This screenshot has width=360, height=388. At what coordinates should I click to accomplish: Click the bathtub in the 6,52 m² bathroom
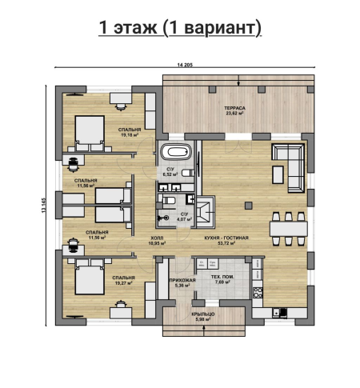point(176,152)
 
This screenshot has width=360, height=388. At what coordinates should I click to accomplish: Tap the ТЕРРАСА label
point(234,108)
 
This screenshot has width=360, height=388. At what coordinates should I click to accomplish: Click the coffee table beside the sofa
point(278,174)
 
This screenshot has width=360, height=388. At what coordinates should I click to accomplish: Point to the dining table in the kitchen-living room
point(289,229)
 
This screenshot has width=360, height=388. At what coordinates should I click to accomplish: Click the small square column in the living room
point(249,206)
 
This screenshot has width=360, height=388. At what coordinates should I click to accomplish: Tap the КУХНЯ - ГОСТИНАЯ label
point(226,238)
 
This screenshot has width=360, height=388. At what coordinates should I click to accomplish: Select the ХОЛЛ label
point(157,238)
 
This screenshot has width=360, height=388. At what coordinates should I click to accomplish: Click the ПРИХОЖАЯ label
point(182,280)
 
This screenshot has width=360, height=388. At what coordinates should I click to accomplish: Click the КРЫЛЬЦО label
point(203,314)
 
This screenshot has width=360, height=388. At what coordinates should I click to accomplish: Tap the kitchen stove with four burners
point(258,293)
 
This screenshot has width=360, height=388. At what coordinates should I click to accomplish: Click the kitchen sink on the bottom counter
point(280,313)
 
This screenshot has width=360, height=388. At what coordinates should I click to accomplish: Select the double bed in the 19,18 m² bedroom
point(90,134)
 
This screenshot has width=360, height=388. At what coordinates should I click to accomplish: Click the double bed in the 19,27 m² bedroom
point(90,277)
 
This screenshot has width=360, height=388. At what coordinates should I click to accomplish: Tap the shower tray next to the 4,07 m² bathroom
point(206,212)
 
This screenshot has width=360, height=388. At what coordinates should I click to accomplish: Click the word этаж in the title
point(135,27)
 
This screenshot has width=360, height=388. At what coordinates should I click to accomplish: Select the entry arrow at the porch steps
point(204,331)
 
